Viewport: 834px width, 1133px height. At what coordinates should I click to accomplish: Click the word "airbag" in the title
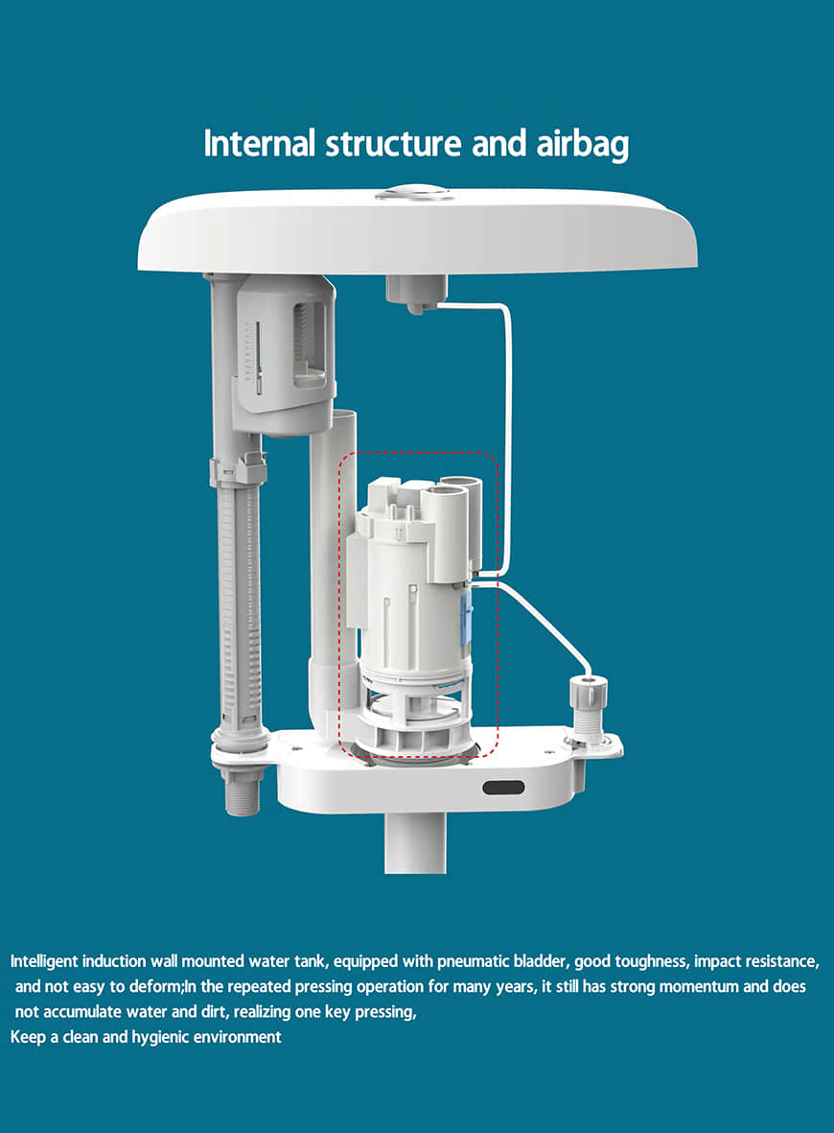point(582,145)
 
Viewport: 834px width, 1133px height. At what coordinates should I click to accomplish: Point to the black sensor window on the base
point(503,788)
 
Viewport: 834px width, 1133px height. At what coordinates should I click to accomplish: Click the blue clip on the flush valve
point(467,616)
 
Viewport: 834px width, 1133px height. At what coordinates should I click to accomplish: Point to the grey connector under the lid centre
point(416,294)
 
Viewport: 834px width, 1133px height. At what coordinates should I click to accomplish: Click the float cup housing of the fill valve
point(284,354)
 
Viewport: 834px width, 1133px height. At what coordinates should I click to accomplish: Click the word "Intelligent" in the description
point(43,961)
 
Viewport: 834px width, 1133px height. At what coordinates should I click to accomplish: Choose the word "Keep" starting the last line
point(28,1038)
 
